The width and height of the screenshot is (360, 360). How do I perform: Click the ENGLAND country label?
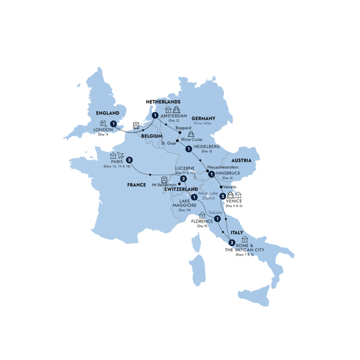tap(104, 112)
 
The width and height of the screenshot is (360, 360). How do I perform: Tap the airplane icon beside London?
tap(106, 124)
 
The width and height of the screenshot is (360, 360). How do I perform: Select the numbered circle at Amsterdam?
tap(155, 116)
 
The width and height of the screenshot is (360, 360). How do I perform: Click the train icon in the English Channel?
tap(137, 125)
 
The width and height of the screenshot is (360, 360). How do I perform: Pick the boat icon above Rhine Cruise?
tap(191, 134)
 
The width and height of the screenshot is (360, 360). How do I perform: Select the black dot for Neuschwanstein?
tap(208, 171)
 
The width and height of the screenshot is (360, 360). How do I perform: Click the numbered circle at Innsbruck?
tap(211, 175)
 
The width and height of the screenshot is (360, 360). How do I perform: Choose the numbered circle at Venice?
tap(223, 196)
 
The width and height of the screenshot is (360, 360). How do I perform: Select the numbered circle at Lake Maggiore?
tap(195, 197)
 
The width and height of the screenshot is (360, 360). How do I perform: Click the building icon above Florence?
tap(202, 215)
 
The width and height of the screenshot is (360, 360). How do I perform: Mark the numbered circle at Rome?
tap(232, 242)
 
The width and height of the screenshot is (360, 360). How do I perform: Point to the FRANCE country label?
tap(136, 185)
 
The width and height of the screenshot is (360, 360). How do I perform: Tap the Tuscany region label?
tap(215, 212)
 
